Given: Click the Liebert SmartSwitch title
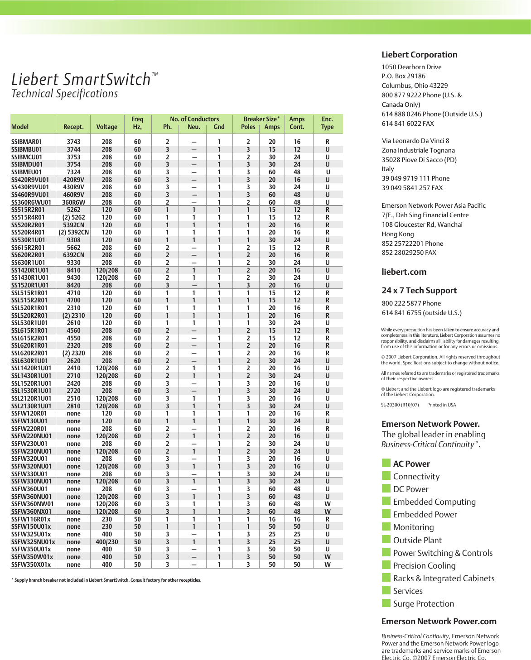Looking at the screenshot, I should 82,80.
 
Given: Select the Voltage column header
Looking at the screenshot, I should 106,127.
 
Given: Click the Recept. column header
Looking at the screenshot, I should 73,127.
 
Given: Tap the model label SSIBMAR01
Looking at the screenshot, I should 26,142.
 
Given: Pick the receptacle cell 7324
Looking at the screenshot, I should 73,172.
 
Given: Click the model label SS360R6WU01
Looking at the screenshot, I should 31,202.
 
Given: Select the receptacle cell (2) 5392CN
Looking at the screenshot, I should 73,232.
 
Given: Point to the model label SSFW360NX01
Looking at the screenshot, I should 31,512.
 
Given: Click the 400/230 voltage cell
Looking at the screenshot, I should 106,542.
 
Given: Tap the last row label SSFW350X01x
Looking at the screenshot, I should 31,564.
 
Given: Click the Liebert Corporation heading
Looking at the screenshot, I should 419,55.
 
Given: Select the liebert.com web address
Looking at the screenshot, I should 404,272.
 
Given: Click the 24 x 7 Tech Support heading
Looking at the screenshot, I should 419,291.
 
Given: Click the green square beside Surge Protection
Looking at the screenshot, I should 386,603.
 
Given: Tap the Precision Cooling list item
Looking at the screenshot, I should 424,566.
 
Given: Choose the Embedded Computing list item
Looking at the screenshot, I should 434,502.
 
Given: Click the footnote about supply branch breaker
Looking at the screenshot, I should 106,580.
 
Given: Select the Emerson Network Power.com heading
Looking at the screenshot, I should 439,622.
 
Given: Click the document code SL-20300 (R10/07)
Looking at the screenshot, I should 400,405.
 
